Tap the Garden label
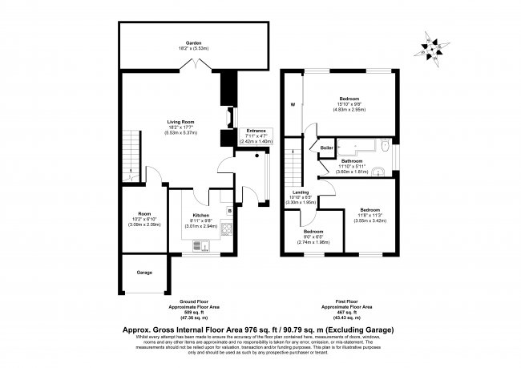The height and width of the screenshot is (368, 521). click(193, 43)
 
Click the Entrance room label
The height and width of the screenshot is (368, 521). click(256, 129)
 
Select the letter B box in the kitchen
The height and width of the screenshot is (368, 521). click(230, 211)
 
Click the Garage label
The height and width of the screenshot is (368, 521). click(144, 273)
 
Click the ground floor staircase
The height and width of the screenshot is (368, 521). click(129, 156)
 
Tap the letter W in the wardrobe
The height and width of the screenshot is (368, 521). click(293, 104)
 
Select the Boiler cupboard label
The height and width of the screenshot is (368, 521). click(326, 148)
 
